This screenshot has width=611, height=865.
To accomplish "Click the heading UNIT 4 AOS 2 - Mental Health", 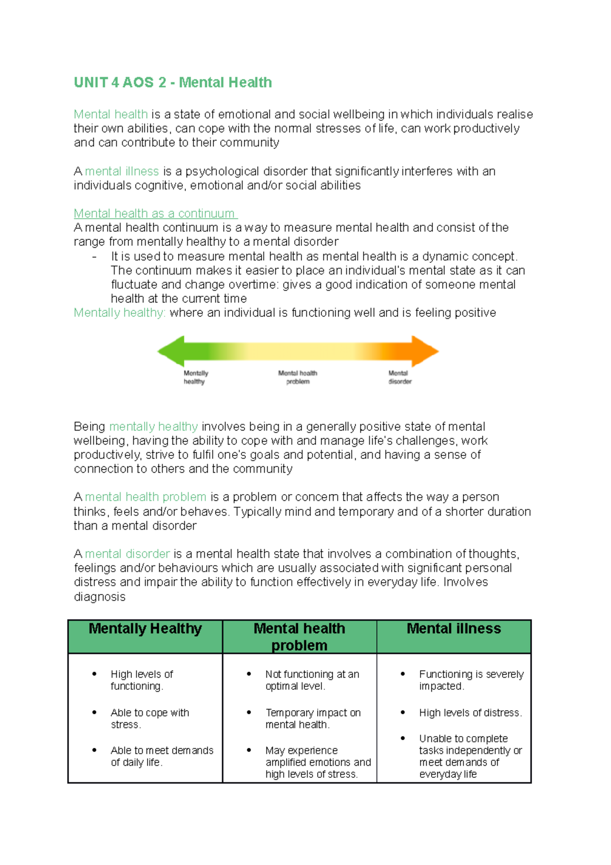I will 173,83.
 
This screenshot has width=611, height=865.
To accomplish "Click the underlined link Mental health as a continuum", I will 155,213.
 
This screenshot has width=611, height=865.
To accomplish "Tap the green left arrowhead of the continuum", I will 171,351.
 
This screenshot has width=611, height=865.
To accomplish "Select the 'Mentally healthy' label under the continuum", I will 196,377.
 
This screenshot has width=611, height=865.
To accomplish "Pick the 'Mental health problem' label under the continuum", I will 297,377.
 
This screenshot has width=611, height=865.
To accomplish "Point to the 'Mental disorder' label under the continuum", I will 400,377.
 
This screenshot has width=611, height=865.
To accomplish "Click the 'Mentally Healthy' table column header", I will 145,629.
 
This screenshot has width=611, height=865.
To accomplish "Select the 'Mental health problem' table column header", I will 299,637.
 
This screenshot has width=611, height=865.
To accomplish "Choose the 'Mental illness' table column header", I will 454,629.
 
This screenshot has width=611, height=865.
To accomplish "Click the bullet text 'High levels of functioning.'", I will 142,680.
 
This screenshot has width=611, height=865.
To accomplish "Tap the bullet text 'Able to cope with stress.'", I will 150,718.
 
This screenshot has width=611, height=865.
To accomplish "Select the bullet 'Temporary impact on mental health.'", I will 313,718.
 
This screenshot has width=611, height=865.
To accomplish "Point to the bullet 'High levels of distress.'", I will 470,713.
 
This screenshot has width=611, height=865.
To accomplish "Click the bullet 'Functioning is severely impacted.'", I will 471,680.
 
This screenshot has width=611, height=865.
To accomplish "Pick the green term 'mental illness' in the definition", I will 122,171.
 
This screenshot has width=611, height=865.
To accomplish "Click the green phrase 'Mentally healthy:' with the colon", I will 120,313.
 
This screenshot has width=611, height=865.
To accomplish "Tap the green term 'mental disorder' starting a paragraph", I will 127,554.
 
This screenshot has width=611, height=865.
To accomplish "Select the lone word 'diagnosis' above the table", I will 99,597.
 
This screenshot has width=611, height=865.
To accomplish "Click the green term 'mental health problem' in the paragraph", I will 146,497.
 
